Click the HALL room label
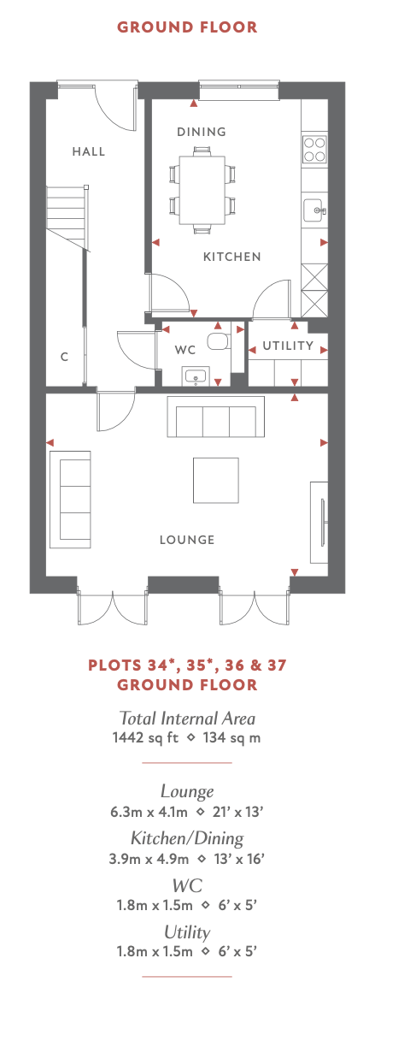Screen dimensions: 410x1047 coord(89,151)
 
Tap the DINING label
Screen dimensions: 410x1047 coord(202,132)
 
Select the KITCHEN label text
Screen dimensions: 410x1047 coord(232,257)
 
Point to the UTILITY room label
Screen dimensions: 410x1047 coord(288,346)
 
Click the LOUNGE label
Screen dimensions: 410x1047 coord(187,540)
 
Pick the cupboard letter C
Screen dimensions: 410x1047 coord(64,357)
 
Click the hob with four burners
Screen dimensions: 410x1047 coord(314,149)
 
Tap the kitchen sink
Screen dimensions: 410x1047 coord(314,210)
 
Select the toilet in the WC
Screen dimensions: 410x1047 coord(218,341)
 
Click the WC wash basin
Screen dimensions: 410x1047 coord(196,376)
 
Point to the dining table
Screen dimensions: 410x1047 coord(202,190)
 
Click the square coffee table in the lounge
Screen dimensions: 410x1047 coord(216,481)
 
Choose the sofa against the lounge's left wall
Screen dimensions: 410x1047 coord(70,500)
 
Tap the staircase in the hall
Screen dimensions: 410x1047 coord(67,217)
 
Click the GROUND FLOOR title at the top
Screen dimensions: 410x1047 coord(187,27)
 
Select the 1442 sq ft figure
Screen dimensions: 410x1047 coord(145,737)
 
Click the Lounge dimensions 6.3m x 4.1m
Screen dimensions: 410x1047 coord(149,812)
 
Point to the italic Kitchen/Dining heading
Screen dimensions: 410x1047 coord(187,837)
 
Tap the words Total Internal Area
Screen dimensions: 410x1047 coord(187,718)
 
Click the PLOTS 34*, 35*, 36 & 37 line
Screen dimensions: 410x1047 coord(187,665)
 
